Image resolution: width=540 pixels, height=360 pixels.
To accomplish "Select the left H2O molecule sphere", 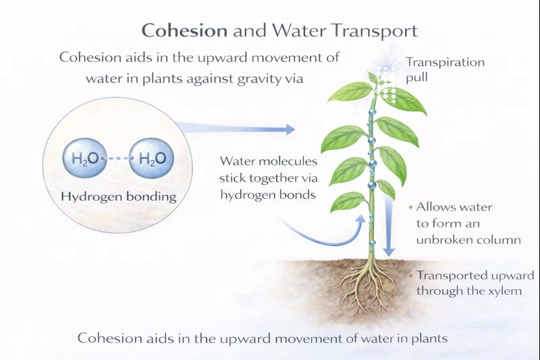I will point(84,160).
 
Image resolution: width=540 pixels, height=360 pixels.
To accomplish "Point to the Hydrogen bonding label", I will point(118,197).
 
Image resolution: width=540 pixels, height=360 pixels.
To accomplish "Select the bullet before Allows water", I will point(411,207).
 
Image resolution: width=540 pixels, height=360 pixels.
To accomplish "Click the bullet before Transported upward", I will point(411,276).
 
